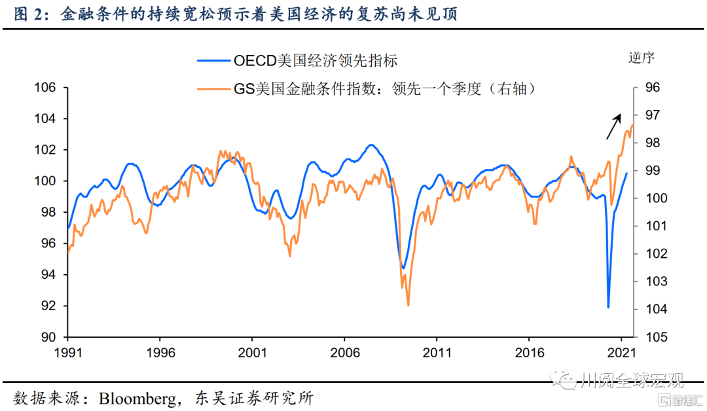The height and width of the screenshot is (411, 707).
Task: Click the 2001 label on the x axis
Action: (x=252, y=353)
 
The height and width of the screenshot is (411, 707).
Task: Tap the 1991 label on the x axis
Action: (x=67, y=353)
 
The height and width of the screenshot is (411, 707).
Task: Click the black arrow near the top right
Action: (x=613, y=126)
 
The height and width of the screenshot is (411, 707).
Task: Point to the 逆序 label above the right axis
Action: (x=642, y=58)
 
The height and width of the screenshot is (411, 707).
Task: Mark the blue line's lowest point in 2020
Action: (x=608, y=307)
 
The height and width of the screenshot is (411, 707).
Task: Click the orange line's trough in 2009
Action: (x=408, y=305)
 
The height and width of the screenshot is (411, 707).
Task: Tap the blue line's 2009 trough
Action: (x=403, y=268)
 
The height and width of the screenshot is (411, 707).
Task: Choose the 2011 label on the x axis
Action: (x=437, y=353)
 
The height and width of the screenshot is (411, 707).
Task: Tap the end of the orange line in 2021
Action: (x=633, y=125)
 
